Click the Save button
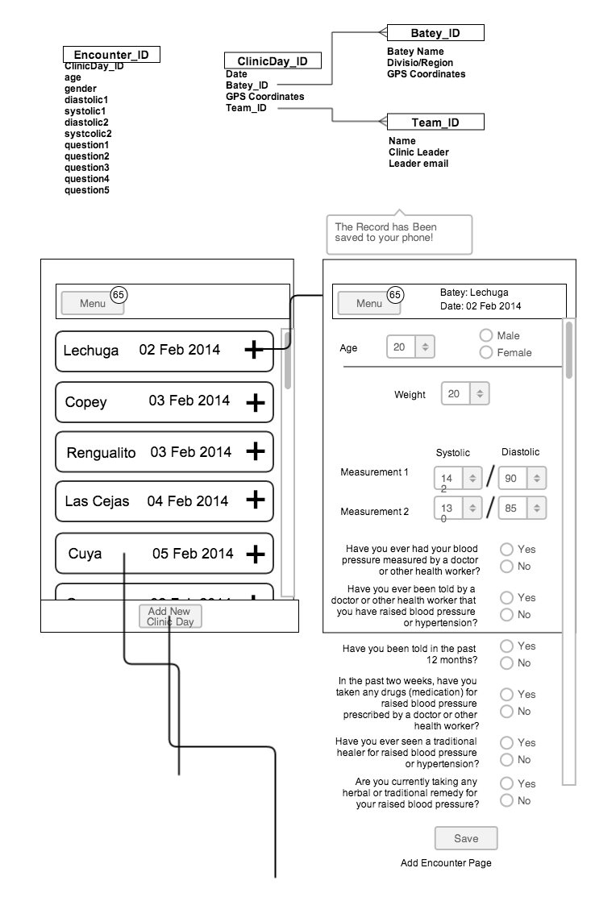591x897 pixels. tap(466, 838)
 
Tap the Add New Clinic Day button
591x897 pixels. tap(170, 617)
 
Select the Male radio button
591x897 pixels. tap(486, 335)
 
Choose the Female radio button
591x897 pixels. tap(486, 352)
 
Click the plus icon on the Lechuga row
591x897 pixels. tap(254, 350)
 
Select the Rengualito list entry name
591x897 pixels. tap(102, 452)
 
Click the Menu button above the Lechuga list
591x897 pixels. tap(93, 303)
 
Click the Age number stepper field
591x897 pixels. tap(410, 347)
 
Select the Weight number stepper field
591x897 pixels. tap(465, 394)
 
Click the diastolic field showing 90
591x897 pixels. tap(522, 478)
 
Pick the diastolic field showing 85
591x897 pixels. tap(522, 508)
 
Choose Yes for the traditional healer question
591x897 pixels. tap(507, 742)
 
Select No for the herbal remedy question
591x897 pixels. tap(507, 800)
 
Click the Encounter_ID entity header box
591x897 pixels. tap(111, 55)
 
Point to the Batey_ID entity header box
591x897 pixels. tap(435, 32)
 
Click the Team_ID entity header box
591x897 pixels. tap(435, 123)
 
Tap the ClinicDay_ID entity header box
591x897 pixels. tap(272, 61)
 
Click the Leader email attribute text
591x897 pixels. tap(418, 164)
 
